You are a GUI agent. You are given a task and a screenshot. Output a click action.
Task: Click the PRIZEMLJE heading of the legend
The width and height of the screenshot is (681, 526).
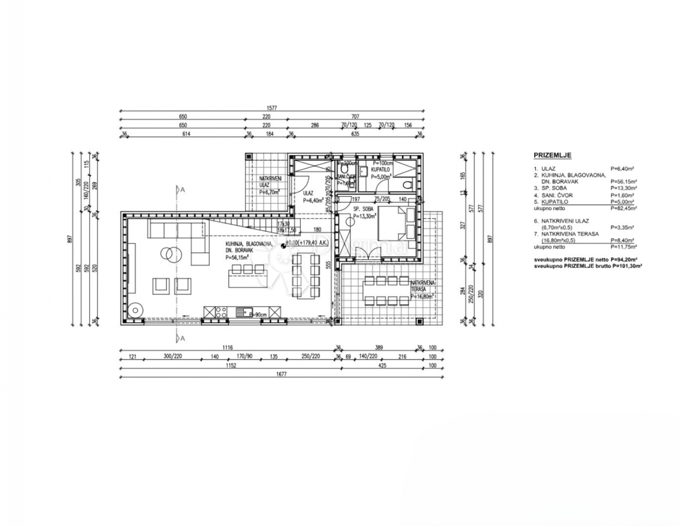552,155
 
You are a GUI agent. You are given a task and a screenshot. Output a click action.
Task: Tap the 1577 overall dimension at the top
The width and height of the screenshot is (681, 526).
272,107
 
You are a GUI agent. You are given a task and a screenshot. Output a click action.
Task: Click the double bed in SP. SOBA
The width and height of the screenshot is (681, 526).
404,223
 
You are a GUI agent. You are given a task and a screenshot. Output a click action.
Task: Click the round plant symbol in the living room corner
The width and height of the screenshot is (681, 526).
136,310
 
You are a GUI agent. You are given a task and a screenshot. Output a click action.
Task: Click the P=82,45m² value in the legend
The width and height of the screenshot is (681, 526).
624,208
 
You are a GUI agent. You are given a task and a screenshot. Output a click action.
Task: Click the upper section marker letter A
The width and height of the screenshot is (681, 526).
183,190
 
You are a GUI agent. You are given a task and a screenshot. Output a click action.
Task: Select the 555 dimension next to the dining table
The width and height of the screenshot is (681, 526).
327,264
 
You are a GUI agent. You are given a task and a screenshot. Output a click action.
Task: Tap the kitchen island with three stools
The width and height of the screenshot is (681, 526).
247,277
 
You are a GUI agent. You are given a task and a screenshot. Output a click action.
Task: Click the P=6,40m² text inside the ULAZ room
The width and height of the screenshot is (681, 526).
313,200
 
